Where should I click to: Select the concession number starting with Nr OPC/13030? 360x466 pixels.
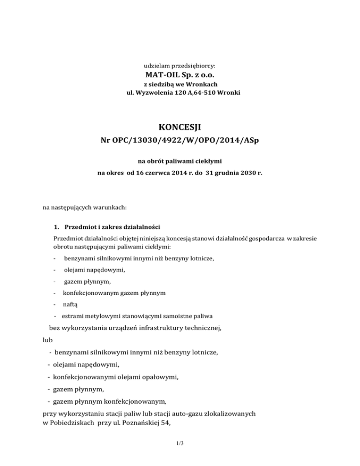point(180,140)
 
